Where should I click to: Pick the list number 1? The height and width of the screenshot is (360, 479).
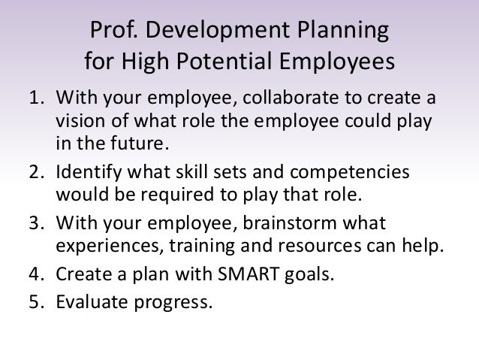pos(36,101)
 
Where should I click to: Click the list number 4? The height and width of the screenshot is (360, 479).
pos(36,274)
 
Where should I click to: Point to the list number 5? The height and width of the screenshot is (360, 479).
pos(36,304)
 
